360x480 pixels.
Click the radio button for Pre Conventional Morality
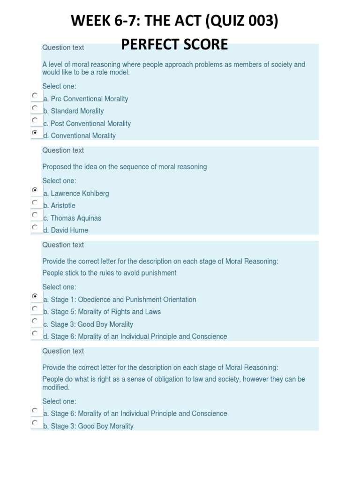point(35,96)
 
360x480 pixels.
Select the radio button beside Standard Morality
point(35,108)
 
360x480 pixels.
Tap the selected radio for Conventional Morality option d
point(35,133)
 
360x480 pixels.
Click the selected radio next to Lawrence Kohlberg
point(35,190)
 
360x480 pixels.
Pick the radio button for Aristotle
point(35,202)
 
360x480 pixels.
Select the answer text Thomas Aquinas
point(75,218)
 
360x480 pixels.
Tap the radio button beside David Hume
point(35,227)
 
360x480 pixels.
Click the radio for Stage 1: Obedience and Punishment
point(35,296)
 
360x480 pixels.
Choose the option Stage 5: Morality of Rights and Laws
point(105,312)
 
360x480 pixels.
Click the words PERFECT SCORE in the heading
point(174,45)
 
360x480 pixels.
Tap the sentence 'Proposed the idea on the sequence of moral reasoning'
point(124,167)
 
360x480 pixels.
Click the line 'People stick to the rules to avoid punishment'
point(109,273)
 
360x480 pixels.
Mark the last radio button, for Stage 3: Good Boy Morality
point(35,423)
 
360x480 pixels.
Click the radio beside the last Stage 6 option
point(35,411)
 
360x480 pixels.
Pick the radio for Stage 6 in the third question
point(35,333)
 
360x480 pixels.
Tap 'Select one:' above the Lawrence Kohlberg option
point(59,181)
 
